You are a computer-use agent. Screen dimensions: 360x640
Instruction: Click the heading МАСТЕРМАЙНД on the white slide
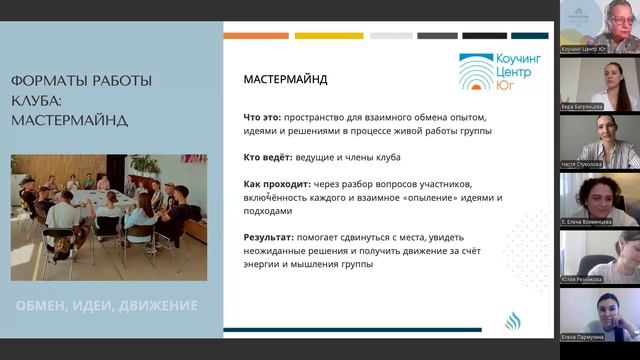coord(286,79)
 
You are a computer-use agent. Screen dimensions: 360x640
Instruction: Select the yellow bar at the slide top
coord(329,35)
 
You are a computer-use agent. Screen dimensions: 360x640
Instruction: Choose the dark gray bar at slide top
coord(437,35)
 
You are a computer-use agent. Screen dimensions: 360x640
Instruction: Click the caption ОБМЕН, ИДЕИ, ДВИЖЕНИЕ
coord(106,305)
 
